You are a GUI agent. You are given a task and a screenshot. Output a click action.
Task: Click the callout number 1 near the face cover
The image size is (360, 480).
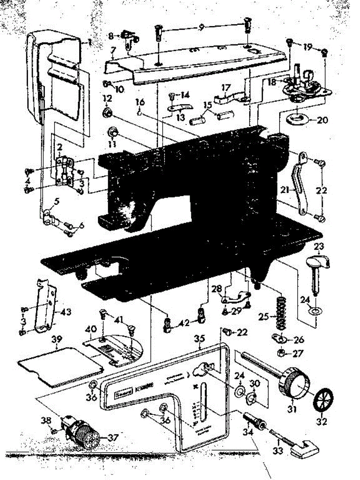pyautogui.click(x=90, y=41)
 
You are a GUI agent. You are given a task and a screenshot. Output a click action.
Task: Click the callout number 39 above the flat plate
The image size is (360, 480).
pyautogui.click(x=57, y=339)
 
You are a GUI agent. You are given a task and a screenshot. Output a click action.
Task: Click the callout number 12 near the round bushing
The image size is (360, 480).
pyautogui.click(x=107, y=98)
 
